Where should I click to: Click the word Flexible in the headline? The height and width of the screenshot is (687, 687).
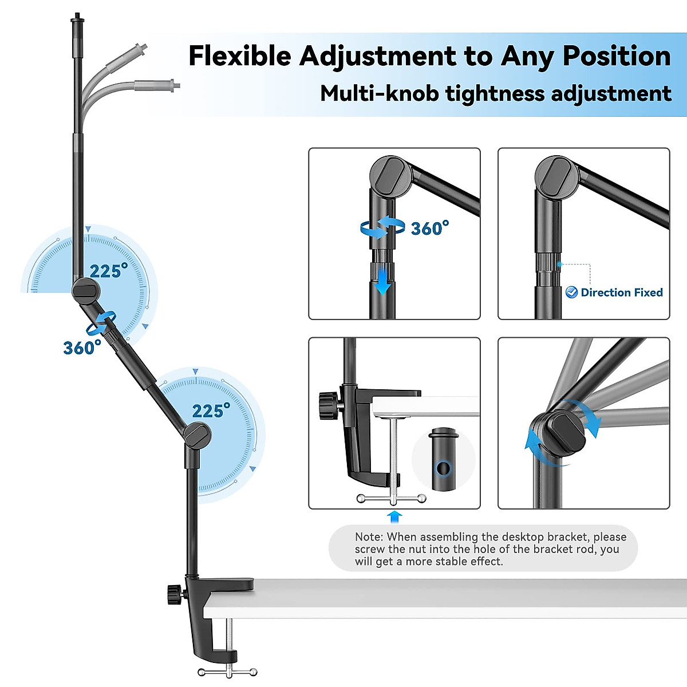point(240,56)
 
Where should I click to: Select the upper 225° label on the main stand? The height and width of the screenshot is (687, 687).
point(109,271)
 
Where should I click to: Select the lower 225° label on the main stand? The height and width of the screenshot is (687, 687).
point(211,410)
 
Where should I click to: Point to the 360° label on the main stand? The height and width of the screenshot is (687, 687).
point(82,348)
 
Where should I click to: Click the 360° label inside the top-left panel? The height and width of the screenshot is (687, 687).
point(429,228)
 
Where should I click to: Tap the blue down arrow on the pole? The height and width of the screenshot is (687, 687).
point(382,280)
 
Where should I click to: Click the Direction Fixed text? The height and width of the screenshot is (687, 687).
point(621,293)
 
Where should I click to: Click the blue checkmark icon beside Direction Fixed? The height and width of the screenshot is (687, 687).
point(571,293)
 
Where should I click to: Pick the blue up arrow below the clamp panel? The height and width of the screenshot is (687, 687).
point(394,516)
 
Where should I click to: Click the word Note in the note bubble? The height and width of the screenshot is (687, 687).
point(368,537)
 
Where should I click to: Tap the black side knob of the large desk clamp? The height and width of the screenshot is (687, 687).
point(173,595)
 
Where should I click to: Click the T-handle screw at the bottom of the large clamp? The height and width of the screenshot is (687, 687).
point(228,670)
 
